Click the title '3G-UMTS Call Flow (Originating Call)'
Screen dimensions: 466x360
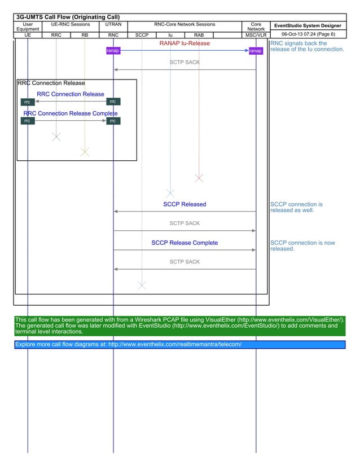pyautogui.click(x=67, y=17)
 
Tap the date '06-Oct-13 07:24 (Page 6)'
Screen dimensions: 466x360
pyautogui.click(x=308, y=34)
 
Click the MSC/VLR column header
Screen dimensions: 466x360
pyautogui.click(x=256, y=35)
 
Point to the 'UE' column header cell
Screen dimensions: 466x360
pyautogui.click(x=28, y=35)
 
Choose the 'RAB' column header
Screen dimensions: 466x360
pyautogui.click(x=199, y=35)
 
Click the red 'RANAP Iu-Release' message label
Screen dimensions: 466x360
pyautogui.click(x=185, y=43)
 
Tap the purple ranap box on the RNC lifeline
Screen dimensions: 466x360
pyautogui.click(x=113, y=51)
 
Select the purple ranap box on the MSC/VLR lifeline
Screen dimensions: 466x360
pyautogui.click(x=256, y=51)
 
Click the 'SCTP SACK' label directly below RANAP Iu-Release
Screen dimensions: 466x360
pyautogui.click(x=185, y=62)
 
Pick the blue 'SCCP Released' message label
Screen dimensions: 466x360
pyautogui.click(x=185, y=204)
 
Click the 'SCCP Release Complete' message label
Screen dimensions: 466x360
pyautogui.click(x=185, y=243)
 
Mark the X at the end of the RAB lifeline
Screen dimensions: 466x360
pyautogui.click(x=199, y=178)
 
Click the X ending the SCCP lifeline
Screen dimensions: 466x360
pyautogui.click(x=142, y=285)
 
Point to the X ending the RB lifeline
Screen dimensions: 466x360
pyautogui.click(x=85, y=151)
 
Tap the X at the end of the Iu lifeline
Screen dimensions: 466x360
pyautogui.click(x=170, y=193)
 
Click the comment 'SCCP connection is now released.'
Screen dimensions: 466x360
pyautogui.click(x=302, y=246)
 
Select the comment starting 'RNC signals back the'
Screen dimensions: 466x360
pyautogui.click(x=307, y=46)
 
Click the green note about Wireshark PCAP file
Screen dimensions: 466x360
pyautogui.click(x=179, y=326)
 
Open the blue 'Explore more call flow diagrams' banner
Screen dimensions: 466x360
pyautogui.click(x=179, y=344)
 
